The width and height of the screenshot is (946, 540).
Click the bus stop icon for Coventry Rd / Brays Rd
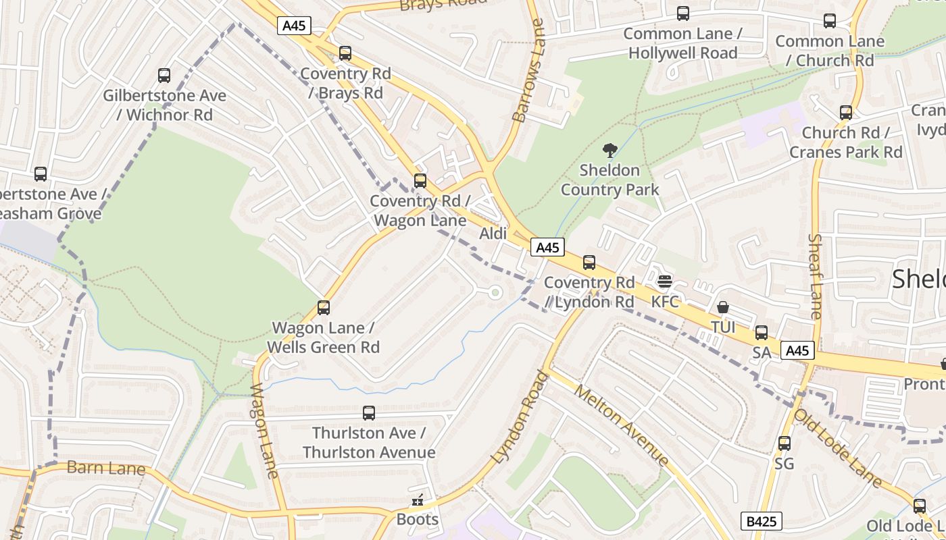point(345,53)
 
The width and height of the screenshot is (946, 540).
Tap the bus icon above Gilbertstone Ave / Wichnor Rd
point(164,75)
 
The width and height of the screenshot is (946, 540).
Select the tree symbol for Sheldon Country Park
point(609,150)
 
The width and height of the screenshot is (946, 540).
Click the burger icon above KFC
point(665,281)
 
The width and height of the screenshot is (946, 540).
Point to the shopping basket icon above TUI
point(723,307)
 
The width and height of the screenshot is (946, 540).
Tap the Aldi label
point(493,234)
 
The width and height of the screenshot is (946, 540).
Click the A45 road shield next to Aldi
point(547,248)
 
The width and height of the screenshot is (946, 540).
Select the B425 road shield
point(762,521)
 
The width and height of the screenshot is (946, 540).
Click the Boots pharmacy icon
point(418,500)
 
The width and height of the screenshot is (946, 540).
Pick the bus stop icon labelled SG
point(784,443)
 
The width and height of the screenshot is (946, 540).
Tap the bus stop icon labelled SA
point(762,332)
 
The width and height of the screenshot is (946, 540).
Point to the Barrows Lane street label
point(528,71)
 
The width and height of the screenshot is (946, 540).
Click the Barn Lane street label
point(106,468)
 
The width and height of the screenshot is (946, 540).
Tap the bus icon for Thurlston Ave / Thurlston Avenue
point(368,412)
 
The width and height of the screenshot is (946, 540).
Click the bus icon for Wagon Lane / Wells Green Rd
point(324,308)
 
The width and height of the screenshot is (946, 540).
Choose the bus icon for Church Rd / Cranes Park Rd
point(845,113)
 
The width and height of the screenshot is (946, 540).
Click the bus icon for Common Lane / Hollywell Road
point(683,13)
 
